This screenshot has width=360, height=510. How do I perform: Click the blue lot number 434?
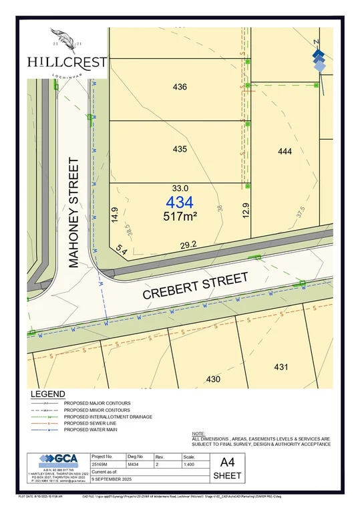coord(180,202)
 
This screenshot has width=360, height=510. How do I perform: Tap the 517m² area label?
coord(180,216)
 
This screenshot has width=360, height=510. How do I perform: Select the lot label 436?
coord(180,87)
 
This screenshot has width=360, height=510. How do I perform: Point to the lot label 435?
coord(180,150)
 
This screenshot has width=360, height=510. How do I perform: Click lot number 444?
coord(285,152)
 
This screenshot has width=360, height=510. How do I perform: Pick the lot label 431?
coord(281,366)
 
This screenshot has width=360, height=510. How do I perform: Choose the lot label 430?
coord(213,379)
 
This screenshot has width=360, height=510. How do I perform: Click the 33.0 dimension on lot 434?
coord(180,188)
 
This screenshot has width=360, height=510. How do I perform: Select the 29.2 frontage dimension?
coord(189,245)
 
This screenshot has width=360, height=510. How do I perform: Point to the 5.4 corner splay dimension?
coord(122,249)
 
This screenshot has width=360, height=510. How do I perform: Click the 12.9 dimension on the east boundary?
coord(246,211)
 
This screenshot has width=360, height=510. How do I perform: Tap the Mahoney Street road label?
coord(74,213)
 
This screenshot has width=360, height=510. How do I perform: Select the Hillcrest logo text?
coord(67,61)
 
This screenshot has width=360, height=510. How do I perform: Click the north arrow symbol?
coord(319,56)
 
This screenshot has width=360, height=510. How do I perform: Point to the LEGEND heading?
coord(47,394)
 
